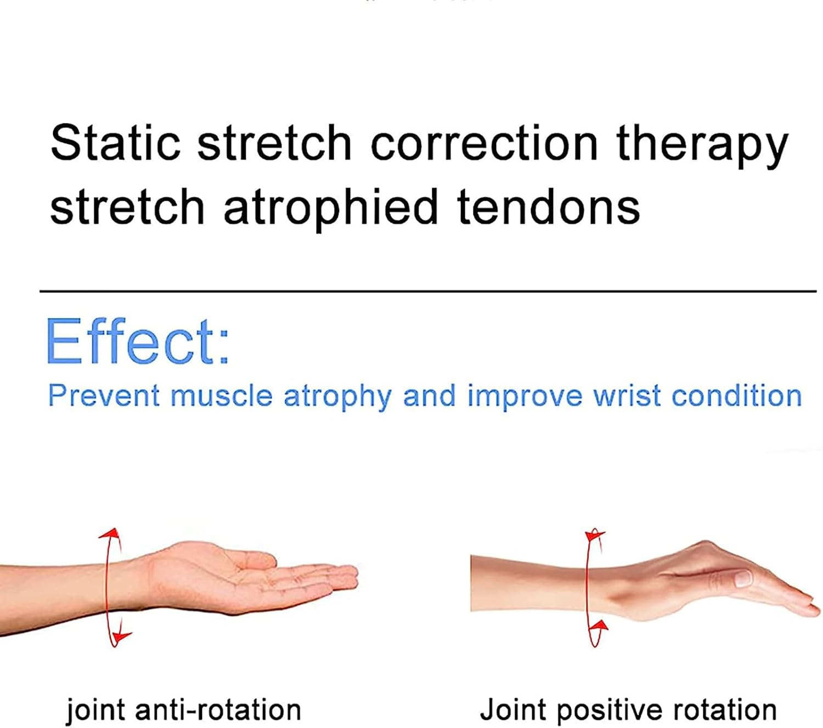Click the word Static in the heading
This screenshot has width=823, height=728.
click(115, 143)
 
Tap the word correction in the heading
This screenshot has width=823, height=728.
click(484, 143)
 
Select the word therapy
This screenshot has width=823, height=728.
click(702, 145)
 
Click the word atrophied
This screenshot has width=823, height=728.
click(331, 207)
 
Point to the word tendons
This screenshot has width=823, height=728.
click(548, 207)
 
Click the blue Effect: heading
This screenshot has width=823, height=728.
click(137, 342)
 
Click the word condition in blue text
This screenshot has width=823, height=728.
click(736, 396)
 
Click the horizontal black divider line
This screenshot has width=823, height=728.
click(428, 291)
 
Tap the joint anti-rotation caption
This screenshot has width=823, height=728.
click(184, 710)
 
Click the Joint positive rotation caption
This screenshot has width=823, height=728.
click(628, 709)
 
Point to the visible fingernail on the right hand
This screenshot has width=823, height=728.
click(742, 577)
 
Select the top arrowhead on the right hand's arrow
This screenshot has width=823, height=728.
click(594, 534)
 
